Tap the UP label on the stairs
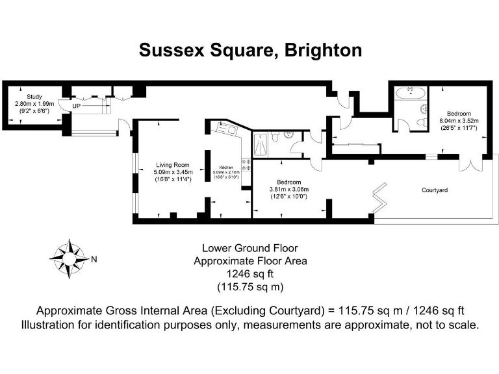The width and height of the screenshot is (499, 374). tap(77, 105)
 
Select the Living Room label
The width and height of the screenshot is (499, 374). tap(172, 164)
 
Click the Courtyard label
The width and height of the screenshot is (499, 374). tap(436, 191)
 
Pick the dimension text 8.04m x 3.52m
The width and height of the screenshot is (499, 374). tap(459, 121)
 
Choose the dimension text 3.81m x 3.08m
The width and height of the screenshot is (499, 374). tap(287, 189)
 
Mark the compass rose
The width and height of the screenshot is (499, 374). tap(68, 258)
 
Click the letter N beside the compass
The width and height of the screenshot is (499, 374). tap(94, 260)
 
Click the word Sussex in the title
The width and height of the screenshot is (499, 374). tap(170, 51)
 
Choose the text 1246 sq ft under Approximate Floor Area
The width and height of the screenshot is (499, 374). tap(250, 274)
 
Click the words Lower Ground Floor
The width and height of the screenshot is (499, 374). tap(250, 248)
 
